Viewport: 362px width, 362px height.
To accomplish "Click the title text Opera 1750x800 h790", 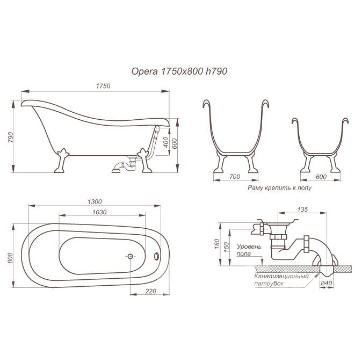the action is click(x=179, y=71).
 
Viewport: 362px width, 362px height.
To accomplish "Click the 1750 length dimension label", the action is click(x=103, y=86).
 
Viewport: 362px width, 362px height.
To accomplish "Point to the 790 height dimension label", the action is click(x=10, y=137).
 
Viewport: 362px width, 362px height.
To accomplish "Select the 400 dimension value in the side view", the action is click(x=166, y=143).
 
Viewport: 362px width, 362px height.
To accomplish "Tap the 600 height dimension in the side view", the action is click(x=175, y=143).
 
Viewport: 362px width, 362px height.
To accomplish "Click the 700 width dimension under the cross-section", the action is click(x=235, y=177).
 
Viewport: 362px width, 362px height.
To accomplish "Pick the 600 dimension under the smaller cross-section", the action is click(x=321, y=177).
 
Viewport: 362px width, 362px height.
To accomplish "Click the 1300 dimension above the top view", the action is click(x=95, y=201).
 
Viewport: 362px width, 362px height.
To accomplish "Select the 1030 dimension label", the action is click(x=99, y=212).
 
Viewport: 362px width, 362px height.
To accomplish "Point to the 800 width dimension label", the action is click(x=10, y=258).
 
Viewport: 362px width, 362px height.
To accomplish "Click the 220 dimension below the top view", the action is click(x=151, y=291).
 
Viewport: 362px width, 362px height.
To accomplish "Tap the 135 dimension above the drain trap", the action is click(x=302, y=209).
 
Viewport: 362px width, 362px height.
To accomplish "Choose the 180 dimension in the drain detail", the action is click(x=216, y=244).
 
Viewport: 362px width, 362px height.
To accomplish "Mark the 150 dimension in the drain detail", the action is click(x=227, y=247).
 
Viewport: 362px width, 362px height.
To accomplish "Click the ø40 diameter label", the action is click(x=327, y=283).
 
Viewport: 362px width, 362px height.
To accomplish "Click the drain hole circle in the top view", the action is click(x=130, y=256).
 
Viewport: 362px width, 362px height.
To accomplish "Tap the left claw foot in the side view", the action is click(x=62, y=161).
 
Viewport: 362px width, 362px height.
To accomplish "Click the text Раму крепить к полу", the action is click(x=280, y=187).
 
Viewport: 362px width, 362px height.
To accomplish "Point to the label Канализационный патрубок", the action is click(x=281, y=280).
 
